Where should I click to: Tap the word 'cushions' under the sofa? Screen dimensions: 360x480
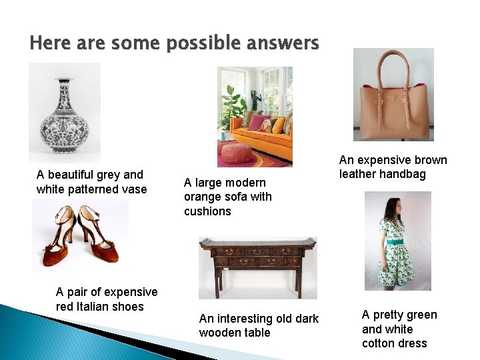pos(207,211)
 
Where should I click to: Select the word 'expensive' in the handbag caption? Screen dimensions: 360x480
pos(383,160)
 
